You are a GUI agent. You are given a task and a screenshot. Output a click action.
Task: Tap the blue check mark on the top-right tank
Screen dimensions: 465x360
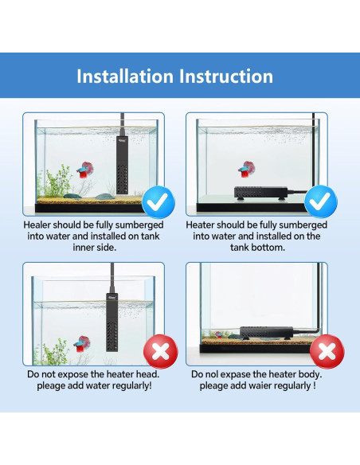(x=321, y=203)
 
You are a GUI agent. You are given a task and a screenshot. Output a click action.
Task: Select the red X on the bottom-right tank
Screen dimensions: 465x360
(x=327, y=351)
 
